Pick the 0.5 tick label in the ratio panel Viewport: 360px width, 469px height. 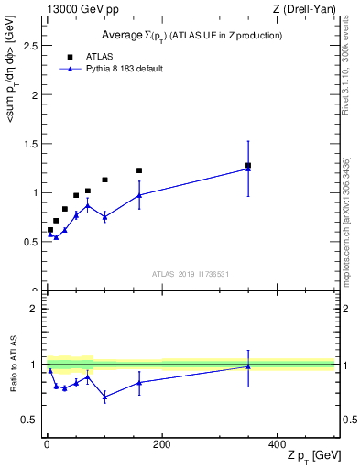[28, 420]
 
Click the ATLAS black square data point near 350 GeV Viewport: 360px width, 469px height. [248, 166]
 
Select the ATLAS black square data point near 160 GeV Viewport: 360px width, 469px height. [139, 170]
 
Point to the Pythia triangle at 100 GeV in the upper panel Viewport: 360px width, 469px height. [105, 217]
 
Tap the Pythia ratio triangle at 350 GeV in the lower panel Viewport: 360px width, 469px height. [248, 366]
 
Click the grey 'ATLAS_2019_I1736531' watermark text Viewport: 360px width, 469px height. [191, 274]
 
